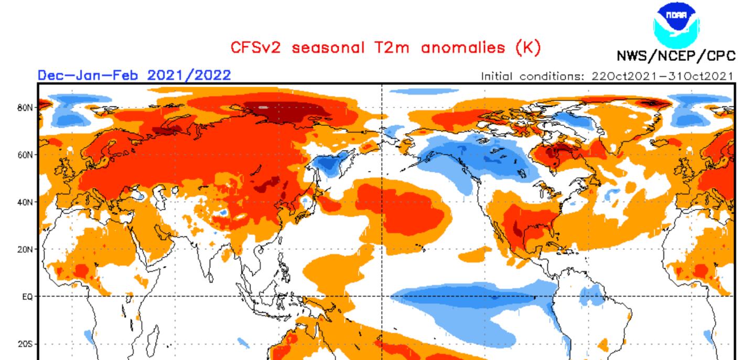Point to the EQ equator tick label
(x=27, y=297)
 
